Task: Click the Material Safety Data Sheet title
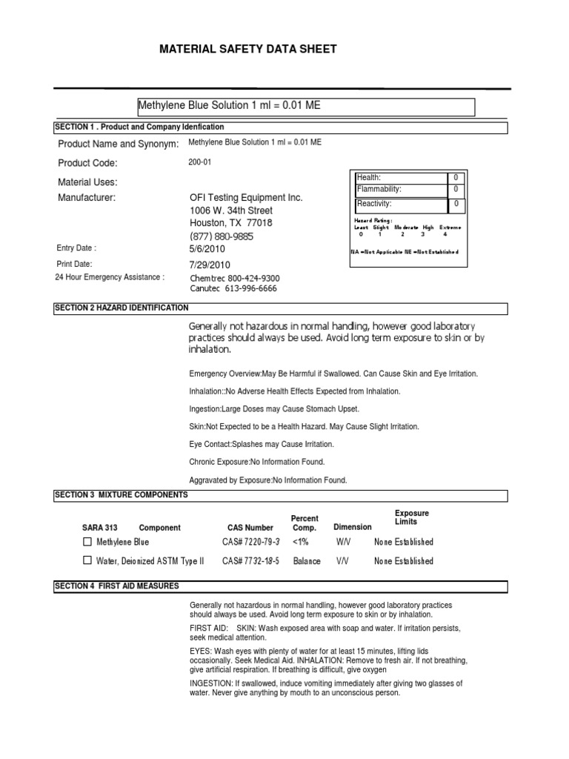(x=248, y=50)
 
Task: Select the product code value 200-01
(x=201, y=162)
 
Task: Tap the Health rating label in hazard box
(x=369, y=178)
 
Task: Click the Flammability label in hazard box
(x=379, y=189)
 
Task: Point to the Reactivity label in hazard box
(x=374, y=204)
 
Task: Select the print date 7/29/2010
(x=210, y=265)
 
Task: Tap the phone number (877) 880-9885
(x=222, y=237)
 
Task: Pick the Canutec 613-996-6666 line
(x=233, y=289)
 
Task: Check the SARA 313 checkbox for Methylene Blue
(x=87, y=543)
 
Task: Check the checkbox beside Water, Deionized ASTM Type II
(x=87, y=560)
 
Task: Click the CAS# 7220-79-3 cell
(x=250, y=543)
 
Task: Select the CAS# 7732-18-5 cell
(x=250, y=561)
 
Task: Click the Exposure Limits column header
(x=411, y=517)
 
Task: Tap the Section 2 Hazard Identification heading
(x=122, y=308)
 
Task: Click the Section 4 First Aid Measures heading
(x=117, y=586)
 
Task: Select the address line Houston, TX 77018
(x=231, y=223)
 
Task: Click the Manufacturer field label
(x=87, y=198)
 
